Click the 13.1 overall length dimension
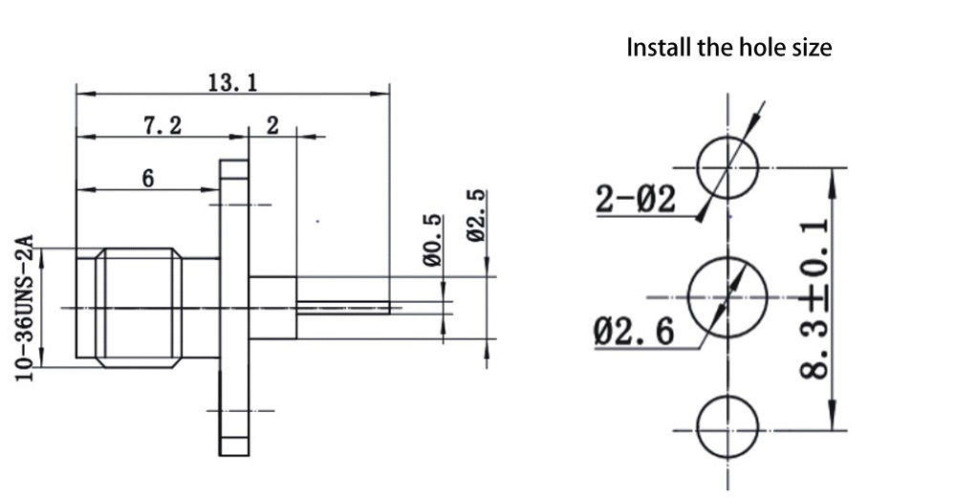(232, 82)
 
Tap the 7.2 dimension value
(163, 124)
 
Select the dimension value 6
(148, 178)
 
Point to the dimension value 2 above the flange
(272, 124)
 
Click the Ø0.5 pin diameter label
(434, 240)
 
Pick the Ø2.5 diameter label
(477, 216)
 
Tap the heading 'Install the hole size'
(728, 48)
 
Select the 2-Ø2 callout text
(635, 200)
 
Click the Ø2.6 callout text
(633, 332)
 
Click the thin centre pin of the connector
(344, 308)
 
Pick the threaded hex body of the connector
(139, 307)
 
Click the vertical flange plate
(234, 307)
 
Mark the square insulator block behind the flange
(273, 307)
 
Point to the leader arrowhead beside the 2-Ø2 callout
(703, 216)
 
